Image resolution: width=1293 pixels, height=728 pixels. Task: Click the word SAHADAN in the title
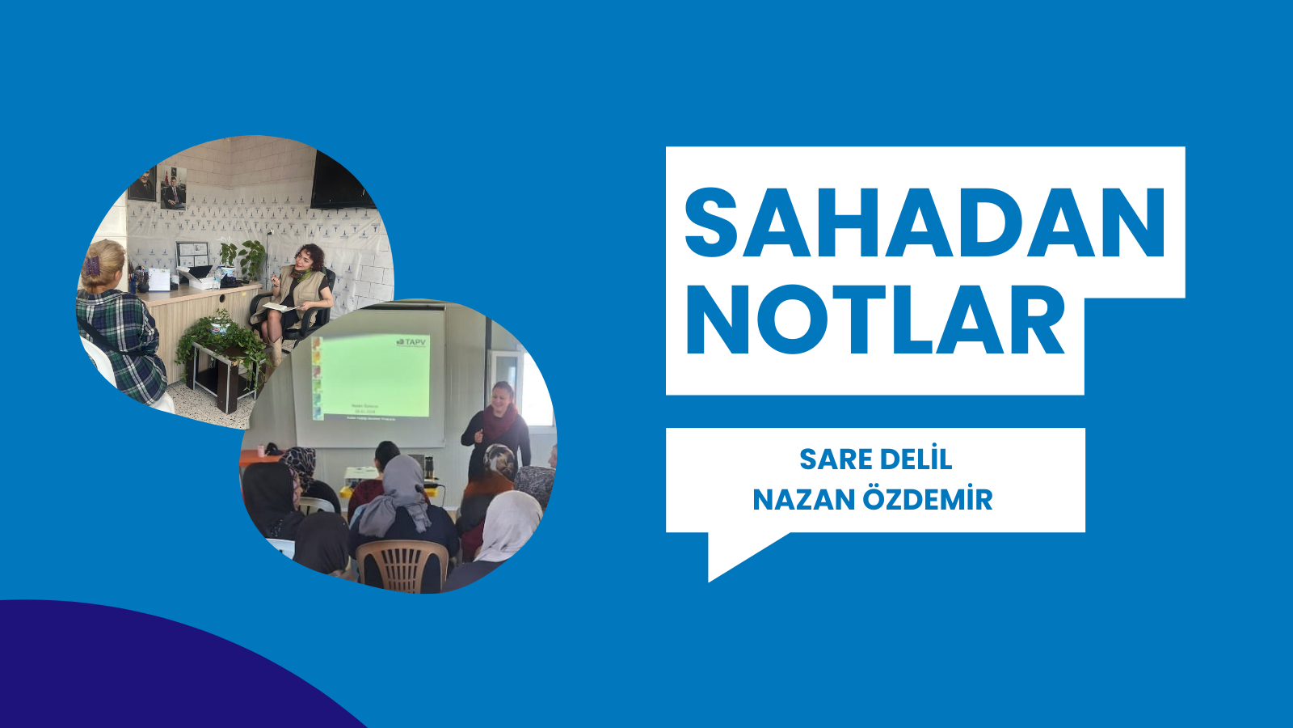925,223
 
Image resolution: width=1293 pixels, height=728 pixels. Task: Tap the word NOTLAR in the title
876,321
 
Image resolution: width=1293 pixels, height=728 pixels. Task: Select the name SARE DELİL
875,459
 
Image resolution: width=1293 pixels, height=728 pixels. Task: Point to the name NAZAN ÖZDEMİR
872,500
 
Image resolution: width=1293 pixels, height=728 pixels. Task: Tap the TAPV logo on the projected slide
412,342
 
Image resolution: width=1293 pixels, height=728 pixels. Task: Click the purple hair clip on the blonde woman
93,265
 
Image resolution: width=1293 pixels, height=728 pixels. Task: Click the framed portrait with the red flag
173,188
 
